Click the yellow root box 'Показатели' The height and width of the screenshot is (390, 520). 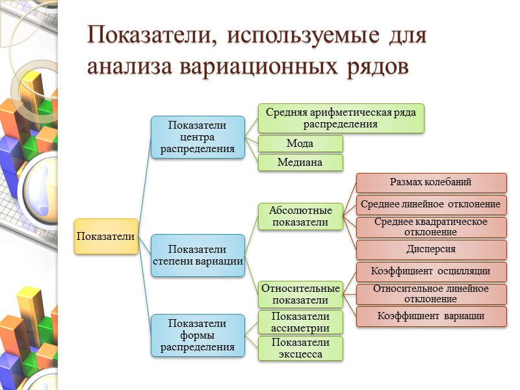click(x=106, y=236)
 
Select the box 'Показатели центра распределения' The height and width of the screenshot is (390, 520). click(x=197, y=136)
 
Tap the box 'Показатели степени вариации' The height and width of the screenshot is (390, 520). click(x=197, y=255)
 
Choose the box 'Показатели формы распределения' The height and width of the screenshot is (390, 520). click(x=197, y=335)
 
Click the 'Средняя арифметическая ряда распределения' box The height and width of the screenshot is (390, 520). click(x=341, y=118)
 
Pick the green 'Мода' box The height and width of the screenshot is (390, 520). click(x=300, y=144)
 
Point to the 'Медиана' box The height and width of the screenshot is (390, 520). click(x=300, y=162)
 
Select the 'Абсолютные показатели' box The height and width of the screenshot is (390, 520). click(x=300, y=216)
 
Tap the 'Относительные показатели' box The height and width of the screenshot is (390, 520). click(x=300, y=294)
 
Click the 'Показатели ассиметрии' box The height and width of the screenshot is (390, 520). click(x=300, y=322)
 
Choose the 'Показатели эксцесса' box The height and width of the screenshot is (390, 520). click(x=300, y=348)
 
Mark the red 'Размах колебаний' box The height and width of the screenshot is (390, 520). click(x=430, y=183)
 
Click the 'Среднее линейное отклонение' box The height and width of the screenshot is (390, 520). click(x=430, y=205)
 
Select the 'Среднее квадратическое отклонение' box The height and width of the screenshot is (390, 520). click(x=430, y=227)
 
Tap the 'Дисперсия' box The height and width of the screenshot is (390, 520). click(x=430, y=250)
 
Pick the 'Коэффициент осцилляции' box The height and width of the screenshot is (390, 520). click(x=430, y=272)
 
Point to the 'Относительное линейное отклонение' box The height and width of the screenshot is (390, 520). click(x=430, y=294)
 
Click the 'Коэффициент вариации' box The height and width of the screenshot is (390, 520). click(x=430, y=316)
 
